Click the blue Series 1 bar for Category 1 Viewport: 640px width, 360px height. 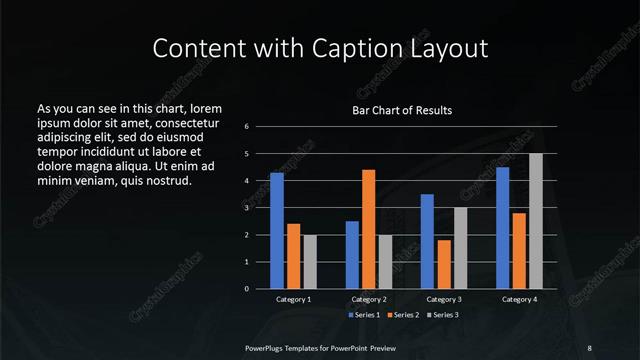pos(277,231)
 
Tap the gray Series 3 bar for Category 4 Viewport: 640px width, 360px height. pos(536,221)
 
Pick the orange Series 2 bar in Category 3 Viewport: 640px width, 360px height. pos(444,264)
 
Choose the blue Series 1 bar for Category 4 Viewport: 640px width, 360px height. pos(503,228)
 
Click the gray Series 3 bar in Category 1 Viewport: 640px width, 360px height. pos(310,262)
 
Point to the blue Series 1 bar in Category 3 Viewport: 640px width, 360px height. pos(427,241)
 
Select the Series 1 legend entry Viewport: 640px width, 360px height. pos(364,315)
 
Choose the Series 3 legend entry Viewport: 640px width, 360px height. pos(441,315)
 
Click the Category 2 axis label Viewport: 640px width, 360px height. pos(369,299)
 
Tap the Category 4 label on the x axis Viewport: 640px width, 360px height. pos(519,299)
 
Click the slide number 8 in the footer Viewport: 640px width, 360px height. pos(589,347)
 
